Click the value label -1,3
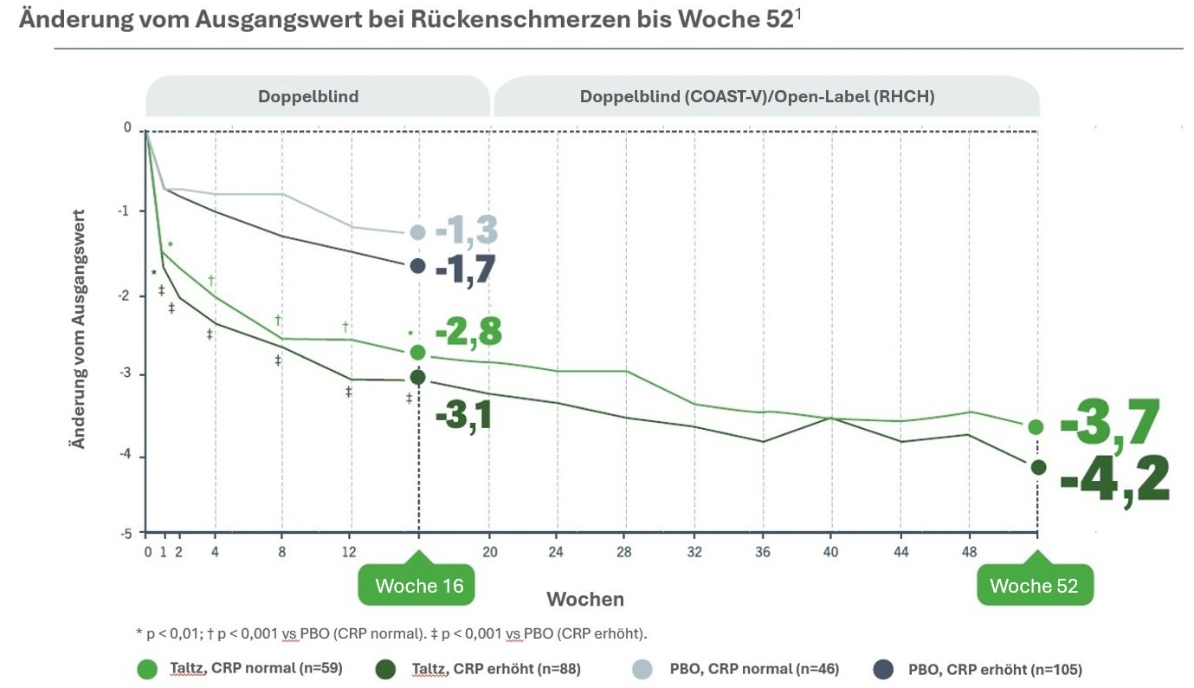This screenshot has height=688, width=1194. pyautogui.click(x=467, y=232)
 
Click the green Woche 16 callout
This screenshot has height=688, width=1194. pyautogui.click(x=419, y=586)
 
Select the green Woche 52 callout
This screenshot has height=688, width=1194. pyautogui.click(x=1034, y=586)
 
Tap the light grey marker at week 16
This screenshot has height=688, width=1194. pyautogui.click(x=417, y=232)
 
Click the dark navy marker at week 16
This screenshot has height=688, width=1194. pyautogui.click(x=417, y=266)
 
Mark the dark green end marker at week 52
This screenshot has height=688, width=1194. pyautogui.click(x=1038, y=468)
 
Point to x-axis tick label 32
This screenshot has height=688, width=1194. pyautogui.click(x=694, y=551)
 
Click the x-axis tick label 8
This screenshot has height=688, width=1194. pyautogui.click(x=282, y=551)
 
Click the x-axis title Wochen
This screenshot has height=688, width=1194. pyautogui.click(x=585, y=600)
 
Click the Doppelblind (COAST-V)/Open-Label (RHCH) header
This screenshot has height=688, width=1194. pyautogui.click(x=757, y=97)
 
